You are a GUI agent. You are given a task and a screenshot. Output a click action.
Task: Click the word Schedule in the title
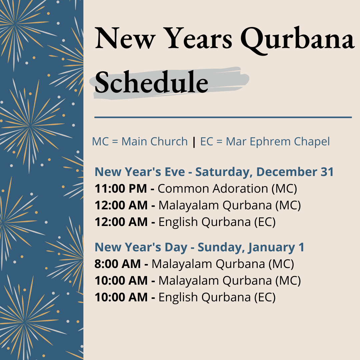pos(152,82)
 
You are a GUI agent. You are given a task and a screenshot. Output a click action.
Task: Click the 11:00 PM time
pos(121,189)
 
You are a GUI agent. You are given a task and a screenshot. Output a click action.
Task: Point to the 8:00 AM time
pos(118,264)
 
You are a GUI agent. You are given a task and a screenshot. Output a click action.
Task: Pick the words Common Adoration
pos(213,189)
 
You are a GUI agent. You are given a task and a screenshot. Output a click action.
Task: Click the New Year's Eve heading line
pos(214,172)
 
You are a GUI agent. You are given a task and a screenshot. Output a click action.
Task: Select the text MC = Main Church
pos(140,141)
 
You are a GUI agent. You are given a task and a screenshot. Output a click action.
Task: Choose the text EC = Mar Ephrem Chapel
pos(265,142)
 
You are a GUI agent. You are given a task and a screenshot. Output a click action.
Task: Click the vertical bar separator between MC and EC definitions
pos(194,142)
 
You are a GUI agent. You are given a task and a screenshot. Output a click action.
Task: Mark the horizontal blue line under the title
pos(223,117)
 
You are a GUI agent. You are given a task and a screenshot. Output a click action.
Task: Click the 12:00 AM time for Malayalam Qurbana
pos(121,205)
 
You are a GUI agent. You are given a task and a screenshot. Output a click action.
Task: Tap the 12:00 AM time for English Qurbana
pos(121,222)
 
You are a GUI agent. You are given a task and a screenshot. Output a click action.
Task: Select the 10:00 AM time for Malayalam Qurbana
pos(121,281)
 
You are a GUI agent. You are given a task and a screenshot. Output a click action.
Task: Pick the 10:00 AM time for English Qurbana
pos(121,297)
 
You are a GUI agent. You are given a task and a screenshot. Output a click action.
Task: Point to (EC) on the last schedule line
pos(265,298)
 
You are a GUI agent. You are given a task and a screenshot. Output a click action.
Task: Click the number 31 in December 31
pos(327,172)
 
